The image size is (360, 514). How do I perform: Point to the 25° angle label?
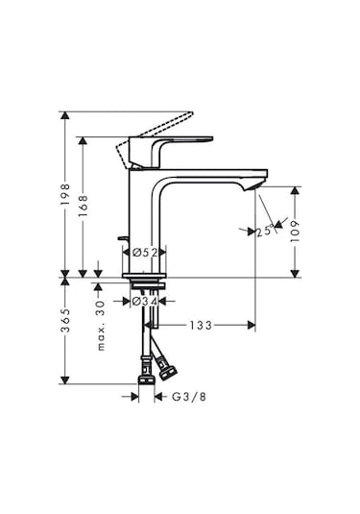tap(262, 231)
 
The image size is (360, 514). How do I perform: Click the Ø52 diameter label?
tap(144, 252)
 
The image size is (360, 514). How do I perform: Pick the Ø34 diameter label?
tap(144, 302)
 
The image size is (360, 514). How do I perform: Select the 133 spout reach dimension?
tap(199, 325)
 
